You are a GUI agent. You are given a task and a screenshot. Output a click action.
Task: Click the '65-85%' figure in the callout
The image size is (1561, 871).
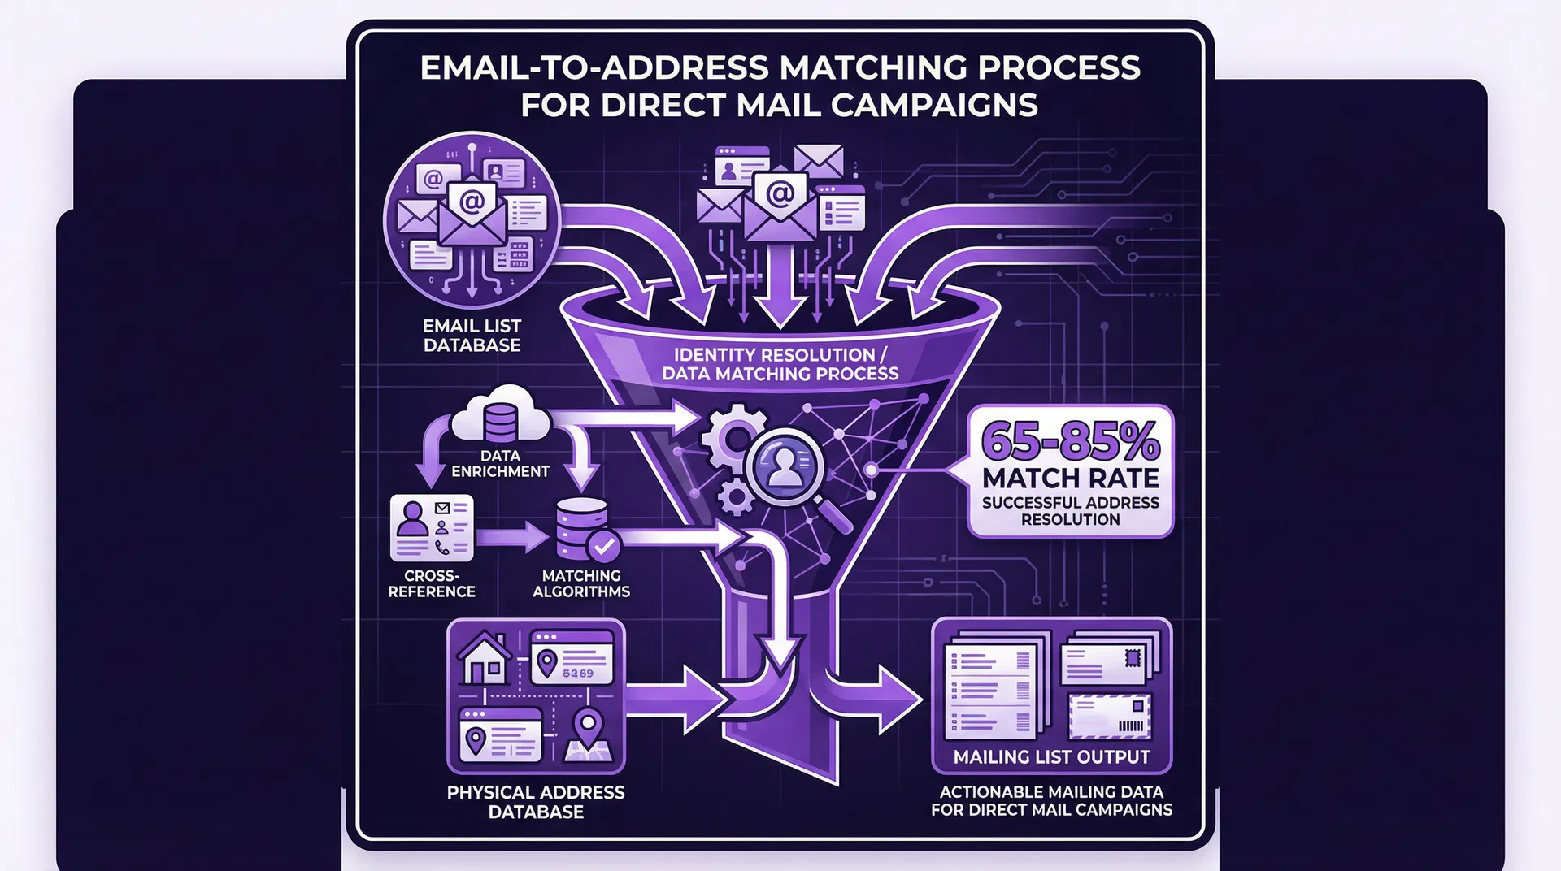click(1070, 440)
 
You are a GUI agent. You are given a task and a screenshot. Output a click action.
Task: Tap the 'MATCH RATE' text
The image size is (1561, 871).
click(1070, 478)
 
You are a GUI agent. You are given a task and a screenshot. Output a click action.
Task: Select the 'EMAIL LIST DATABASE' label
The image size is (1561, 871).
click(472, 336)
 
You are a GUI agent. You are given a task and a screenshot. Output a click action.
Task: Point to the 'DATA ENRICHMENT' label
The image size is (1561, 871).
click(500, 463)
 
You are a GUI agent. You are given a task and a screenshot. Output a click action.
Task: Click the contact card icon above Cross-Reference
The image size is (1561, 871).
click(432, 527)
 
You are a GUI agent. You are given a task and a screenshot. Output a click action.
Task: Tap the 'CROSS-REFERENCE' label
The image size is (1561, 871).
click(432, 583)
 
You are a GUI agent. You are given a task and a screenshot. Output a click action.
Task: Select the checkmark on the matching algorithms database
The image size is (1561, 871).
click(603, 546)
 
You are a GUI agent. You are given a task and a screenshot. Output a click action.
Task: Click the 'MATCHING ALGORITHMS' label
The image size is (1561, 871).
click(580, 583)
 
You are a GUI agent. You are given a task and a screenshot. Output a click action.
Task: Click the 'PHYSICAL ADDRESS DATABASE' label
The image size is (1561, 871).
click(536, 802)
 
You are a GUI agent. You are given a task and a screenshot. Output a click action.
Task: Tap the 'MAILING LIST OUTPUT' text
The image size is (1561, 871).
click(1051, 757)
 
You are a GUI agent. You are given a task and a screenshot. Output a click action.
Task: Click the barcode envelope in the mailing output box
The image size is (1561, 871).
click(1111, 717)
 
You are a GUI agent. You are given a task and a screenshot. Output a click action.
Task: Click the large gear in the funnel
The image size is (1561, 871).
click(732, 439)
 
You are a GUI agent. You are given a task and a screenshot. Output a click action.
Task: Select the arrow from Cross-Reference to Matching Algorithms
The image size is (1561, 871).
click(512, 537)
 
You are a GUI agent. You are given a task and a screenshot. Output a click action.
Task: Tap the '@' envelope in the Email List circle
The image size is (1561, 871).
click(472, 213)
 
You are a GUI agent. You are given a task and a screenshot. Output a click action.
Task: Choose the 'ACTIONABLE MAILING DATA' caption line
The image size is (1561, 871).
click(1051, 791)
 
